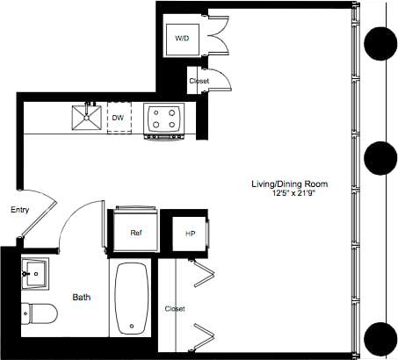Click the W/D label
(x=182, y=39)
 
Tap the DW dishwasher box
(x=118, y=117)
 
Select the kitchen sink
(x=87, y=117)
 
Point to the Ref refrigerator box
(x=135, y=233)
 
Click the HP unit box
(x=189, y=234)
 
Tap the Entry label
(x=20, y=211)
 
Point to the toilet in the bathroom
(x=40, y=312)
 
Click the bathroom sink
(x=38, y=274)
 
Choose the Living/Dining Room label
(x=289, y=184)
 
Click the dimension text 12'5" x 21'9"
(x=289, y=193)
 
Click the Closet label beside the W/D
(x=199, y=82)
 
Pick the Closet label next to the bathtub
(x=174, y=309)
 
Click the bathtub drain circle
(x=132, y=326)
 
